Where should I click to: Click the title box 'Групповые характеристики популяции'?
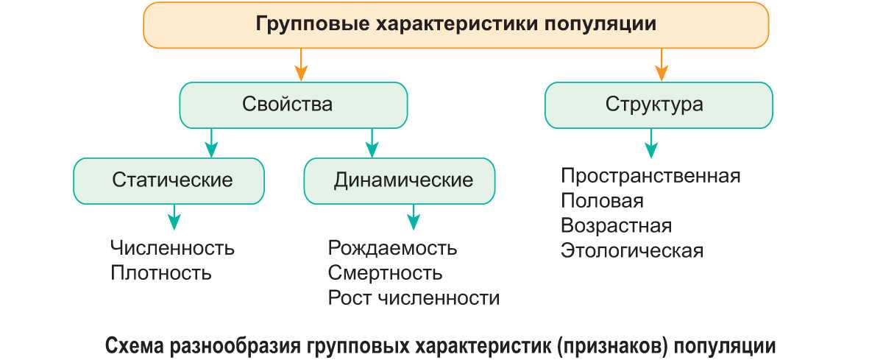(455, 24)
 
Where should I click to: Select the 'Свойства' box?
(294, 105)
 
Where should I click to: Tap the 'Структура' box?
(659, 105)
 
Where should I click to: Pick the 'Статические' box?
(169, 180)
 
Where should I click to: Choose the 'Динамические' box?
(400, 180)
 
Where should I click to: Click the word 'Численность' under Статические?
(173, 248)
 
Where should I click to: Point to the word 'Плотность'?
(161, 273)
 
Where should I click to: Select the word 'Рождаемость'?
(392, 248)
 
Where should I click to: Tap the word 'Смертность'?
(385, 273)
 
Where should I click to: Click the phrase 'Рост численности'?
(414, 298)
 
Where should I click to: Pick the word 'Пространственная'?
(650, 177)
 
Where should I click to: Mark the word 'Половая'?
(602, 201)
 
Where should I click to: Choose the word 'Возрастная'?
(616, 225)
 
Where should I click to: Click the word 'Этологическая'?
(631, 250)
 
